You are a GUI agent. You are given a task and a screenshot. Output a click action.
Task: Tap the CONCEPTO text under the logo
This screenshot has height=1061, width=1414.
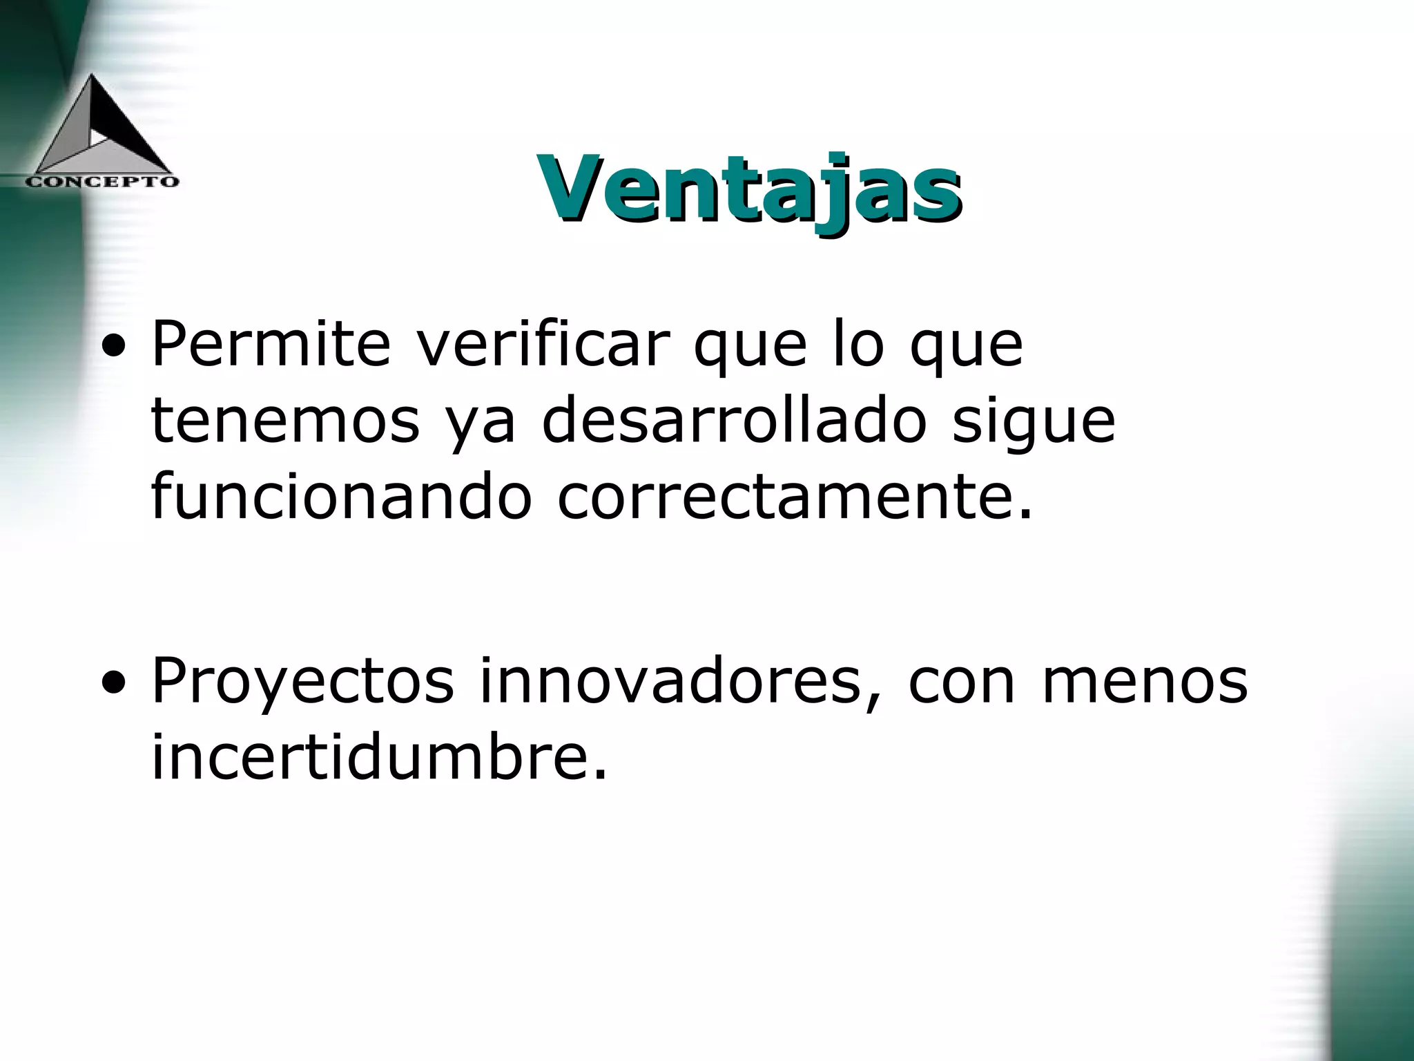pyautogui.click(x=102, y=182)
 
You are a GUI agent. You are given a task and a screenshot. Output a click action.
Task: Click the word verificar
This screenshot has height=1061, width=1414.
pyautogui.click(x=543, y=343)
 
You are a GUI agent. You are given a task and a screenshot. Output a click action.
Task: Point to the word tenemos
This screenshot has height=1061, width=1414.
pyautogui.click(x=285, y=421)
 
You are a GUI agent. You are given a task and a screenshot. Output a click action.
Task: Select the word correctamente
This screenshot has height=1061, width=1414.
pyautogui.click(x=794, y=497)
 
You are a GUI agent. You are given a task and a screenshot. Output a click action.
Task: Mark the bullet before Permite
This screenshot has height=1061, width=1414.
pyautogui.click(x=113, y=347)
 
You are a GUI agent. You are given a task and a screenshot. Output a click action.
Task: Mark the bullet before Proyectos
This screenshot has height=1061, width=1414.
pyautogui.click(x=113, y=685)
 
